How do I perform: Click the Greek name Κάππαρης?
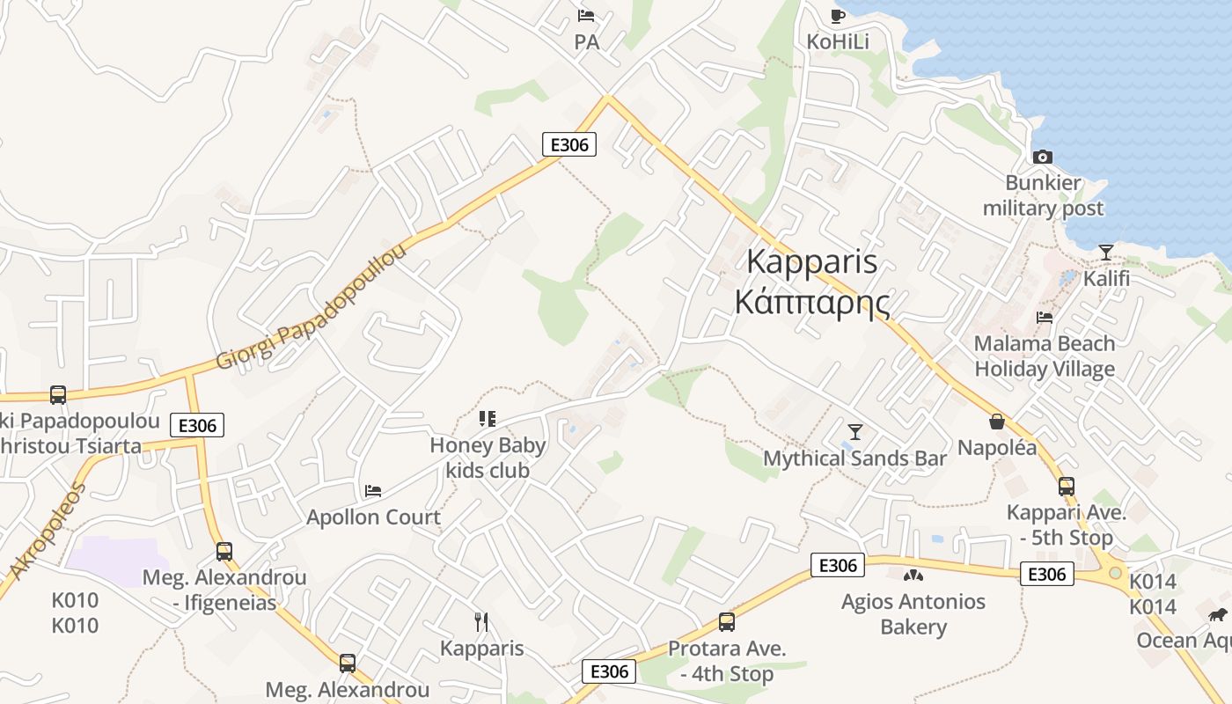tap(811, 302)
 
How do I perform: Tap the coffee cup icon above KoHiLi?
tap(838, 15)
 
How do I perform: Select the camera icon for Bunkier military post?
tap(1043, 157)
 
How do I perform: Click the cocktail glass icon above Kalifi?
tap(1106, 253)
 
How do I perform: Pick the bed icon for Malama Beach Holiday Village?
tap(1045, 317)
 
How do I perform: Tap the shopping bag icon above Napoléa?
tap(997, 422)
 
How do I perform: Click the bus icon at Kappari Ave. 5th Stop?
tap(1067, 486)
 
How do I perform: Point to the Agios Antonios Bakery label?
tap(913, 614)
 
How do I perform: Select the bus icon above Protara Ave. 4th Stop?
tap(727, 622)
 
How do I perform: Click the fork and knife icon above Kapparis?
tap(481, 622)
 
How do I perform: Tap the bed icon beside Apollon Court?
tap(373, 490)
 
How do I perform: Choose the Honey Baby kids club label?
tap(488, 458)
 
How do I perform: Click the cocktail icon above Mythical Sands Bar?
tap(854, 431)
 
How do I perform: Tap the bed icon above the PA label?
tap(586, 15)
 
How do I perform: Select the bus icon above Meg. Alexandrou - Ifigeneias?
tap(224, 552)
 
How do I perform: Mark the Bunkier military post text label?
tap(1043, 196)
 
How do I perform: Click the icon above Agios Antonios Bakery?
tap(913, 576)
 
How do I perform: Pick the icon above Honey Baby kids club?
tap(488, 419)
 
